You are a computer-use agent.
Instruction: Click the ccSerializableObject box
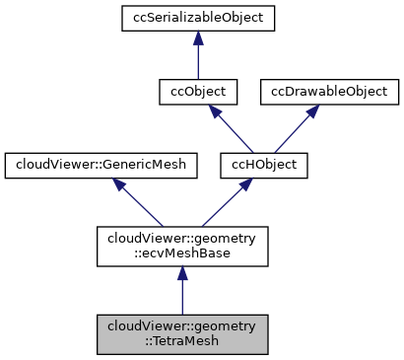(198, 17)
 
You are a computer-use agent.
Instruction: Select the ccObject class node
(198, 92)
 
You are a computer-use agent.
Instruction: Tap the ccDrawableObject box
(330, 92)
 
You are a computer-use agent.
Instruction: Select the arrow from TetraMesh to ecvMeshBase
(181, 291)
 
